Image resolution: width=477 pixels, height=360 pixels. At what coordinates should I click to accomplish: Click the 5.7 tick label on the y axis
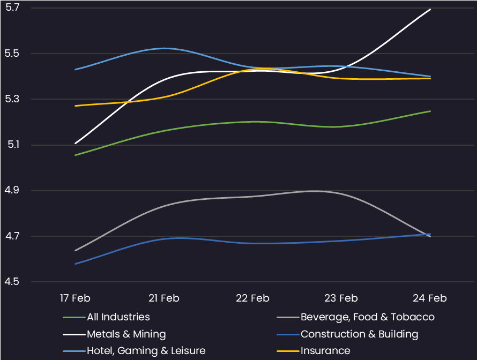[x=12, y=8]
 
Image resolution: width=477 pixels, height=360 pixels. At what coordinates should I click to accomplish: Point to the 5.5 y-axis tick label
[x=12, y=54]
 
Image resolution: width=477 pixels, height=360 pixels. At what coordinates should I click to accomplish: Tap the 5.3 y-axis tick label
[x=12, y=99]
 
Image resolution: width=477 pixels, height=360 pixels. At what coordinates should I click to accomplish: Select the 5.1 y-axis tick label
[x=12, y=145]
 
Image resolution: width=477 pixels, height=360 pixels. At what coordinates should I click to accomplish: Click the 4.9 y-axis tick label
[x=12, y=191]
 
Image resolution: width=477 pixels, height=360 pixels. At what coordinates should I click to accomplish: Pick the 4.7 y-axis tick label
[x=12, y=236]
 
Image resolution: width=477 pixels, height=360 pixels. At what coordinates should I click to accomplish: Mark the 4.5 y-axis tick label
[x=12, y=282]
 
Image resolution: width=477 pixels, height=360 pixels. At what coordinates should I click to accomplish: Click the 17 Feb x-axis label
[x=74, y=298]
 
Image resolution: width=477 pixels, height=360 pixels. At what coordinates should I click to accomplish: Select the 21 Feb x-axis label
[x=163, y=298]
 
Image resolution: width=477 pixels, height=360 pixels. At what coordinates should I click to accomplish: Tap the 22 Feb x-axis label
[x=252, y=298]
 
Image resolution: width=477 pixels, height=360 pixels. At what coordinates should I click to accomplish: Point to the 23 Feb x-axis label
[x=341, y=298]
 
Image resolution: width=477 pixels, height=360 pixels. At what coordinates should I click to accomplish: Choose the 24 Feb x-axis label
[x=430, y=298]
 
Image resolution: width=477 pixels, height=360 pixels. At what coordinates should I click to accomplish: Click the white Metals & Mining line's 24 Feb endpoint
[x=430, y=9]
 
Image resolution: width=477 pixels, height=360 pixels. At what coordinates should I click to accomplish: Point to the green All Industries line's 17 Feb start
[x=75, y=155]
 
